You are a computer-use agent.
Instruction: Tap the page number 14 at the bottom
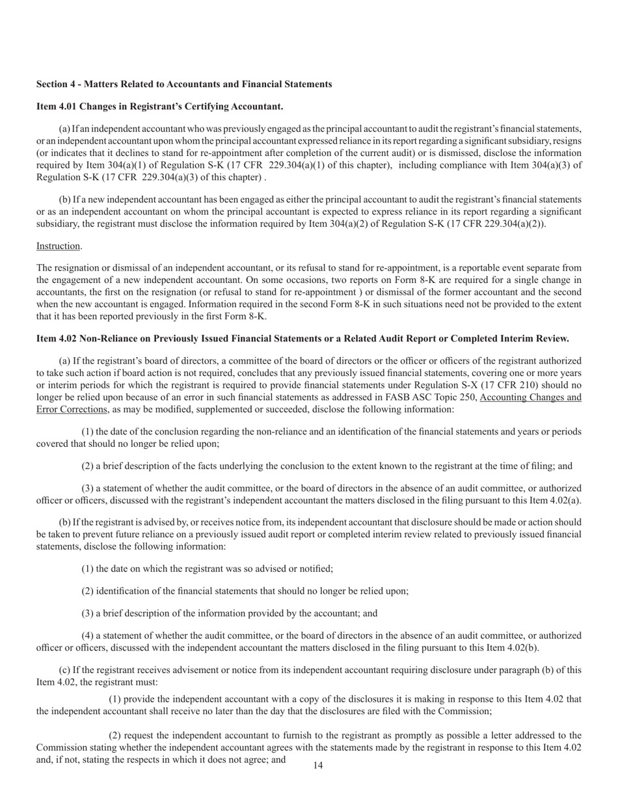[317, 766]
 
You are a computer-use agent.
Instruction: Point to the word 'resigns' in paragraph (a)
[567, 141]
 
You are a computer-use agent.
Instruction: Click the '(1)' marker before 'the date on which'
[87, 568]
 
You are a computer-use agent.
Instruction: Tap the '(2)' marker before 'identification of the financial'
[87, 591]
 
